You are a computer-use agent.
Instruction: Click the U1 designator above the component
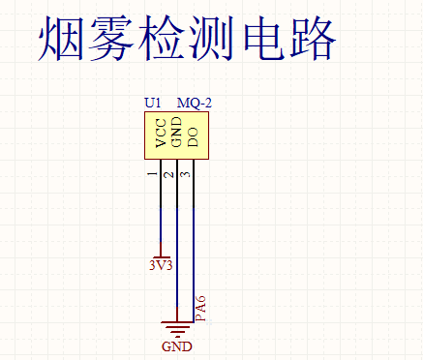[153, 103]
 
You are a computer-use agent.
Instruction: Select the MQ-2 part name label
[195, 103]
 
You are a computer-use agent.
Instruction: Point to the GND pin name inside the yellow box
[176, 133]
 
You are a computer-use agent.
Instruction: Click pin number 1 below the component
[152, 174]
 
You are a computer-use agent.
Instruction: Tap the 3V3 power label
[161, 265]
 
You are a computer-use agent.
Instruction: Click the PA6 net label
[200, 307]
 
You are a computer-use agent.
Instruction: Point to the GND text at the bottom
[177, 345]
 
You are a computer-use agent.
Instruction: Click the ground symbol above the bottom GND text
[177, 326]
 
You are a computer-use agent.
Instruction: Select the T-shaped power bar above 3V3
[161, 255]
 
